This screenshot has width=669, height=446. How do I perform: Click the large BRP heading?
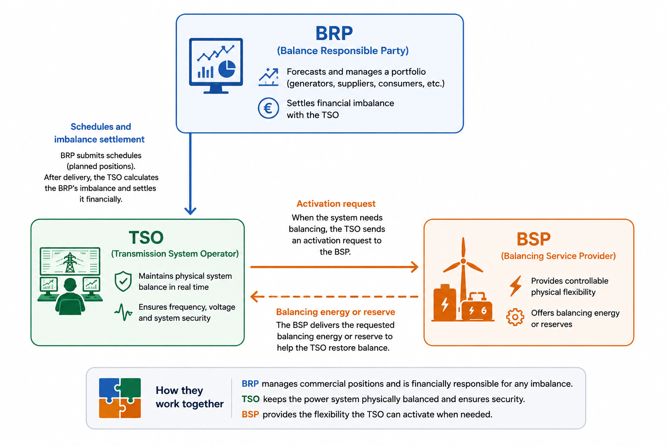coord(334,34)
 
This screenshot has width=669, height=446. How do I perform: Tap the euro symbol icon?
coord(268,108)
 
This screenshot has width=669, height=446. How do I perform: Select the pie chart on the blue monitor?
coord(227,69)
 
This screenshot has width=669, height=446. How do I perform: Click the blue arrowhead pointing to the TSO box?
coord(190,211)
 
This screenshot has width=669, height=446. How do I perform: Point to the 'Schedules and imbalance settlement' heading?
coord(100,133)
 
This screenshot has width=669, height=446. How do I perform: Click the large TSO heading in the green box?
coord(146,237)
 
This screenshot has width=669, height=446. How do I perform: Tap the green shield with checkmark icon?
coord(123,281)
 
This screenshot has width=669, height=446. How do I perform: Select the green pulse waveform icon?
coord(123,312)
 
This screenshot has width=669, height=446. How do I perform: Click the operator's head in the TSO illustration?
coord(70,285)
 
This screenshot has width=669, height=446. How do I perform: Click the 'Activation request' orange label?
coord(336,204)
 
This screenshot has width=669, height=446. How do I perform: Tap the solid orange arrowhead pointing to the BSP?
coord(415,267)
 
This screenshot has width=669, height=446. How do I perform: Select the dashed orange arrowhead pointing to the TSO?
coord(254,297)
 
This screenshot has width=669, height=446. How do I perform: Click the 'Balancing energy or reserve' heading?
coord(335,312)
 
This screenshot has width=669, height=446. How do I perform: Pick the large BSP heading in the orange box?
coord(534,239)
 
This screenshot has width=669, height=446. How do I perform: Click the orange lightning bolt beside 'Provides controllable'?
coord(516,286)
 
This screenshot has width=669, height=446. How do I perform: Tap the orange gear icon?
coord(515,317)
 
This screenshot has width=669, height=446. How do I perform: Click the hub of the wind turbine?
coord(463,261)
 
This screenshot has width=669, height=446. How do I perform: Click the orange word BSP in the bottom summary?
coord(250,415)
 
